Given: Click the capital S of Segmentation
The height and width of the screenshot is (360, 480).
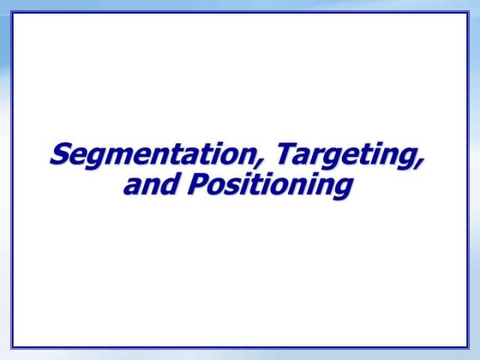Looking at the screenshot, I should pyautogui.click(x=60, y=156).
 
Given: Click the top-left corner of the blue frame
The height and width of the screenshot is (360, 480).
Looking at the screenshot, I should pyautogui.click(x=11, y=13).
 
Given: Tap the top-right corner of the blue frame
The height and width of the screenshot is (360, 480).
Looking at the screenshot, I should pyautogui.click(x=468, y=13).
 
